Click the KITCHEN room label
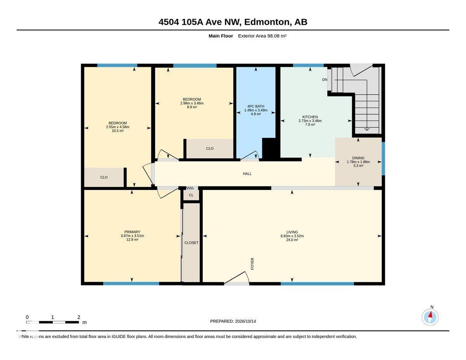(x=310, y=117)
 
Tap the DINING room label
(x=358, y=158)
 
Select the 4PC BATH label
(x=256, y=106)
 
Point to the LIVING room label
(x=292, y=232)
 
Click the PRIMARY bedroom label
(x=132, y=232)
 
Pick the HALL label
(x=247, y=174)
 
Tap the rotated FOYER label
(x=252, y=264)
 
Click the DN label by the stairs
(x=325, y=80)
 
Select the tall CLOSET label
(x=191, y=243)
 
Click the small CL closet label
(x=191, y=195)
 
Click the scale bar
(x=52, y=322)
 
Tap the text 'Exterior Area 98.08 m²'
(x=262, y=36)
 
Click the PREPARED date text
(x=233, y=321)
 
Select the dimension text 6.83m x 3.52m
(x=292, y=236)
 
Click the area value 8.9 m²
(x=192, y=107)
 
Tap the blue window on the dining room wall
(x=383, y=158)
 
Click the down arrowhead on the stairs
(x=367, y=129)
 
